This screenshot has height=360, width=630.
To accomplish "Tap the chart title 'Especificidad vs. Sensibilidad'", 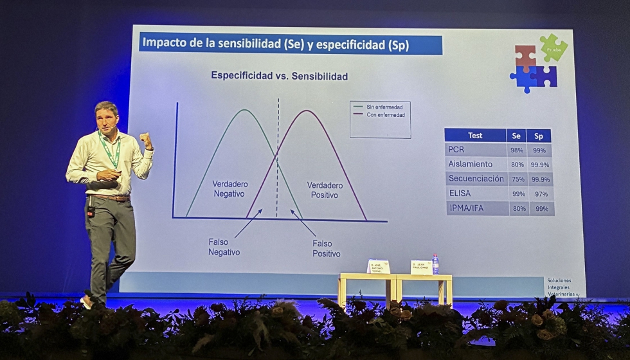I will click(279, 76).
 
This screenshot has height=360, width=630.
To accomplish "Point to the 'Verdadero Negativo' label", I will click(230, 188).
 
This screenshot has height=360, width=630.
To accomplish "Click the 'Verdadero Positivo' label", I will click(325, 190).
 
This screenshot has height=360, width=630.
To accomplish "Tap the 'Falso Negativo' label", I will click(224, 248).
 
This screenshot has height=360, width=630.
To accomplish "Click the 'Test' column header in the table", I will click(475, 136).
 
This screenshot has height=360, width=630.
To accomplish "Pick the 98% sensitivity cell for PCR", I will click(516, 150).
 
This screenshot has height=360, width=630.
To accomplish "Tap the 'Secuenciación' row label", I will click(476, 179).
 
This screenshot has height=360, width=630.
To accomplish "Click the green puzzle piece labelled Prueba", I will click(553, 47).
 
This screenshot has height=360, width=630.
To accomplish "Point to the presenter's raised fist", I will click(145, 139).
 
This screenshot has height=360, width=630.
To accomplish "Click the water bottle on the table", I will click(435, 264).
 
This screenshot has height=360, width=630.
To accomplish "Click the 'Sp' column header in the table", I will click(539, 136).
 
